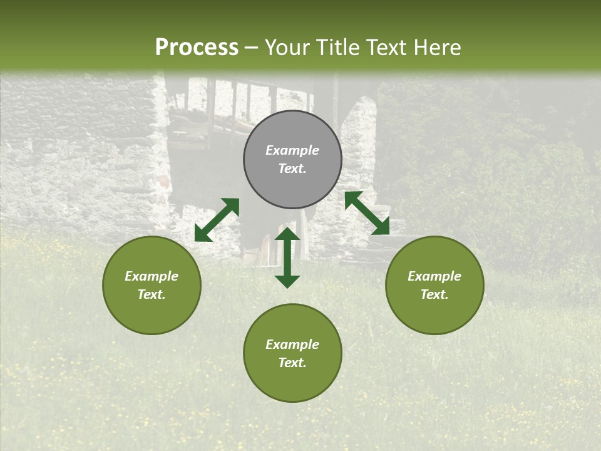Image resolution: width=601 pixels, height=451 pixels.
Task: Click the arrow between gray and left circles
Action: [217, 220]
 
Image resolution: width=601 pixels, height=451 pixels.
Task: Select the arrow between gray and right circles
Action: [367, 212]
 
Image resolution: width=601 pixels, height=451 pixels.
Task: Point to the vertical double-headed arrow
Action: [287, 258]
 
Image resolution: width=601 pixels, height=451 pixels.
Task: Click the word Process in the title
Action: [197, 48]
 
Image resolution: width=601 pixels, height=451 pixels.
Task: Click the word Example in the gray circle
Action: [292, 150]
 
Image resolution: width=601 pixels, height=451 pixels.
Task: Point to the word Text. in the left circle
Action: [152, 294]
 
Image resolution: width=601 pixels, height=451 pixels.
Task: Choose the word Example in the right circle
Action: [434, 276]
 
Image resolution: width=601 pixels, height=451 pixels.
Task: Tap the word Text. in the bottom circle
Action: [292, 363]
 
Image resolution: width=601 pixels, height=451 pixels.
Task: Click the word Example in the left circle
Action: [152, 276]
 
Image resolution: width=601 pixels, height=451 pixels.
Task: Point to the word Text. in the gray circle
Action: [292, 168]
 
